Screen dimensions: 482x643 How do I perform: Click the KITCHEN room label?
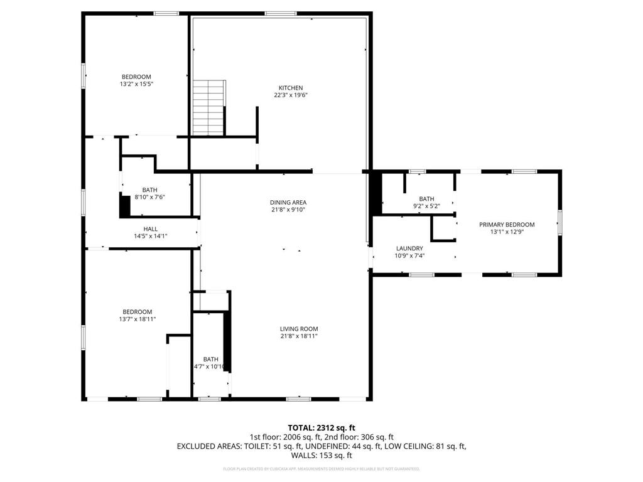(x=291, y=88)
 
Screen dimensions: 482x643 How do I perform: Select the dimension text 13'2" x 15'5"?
(x=136, y=84)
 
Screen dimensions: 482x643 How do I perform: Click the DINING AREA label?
(x=288, y=202)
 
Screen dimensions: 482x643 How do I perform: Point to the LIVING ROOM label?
(x=299, y=329)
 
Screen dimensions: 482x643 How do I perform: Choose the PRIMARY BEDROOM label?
(x=507, y=225)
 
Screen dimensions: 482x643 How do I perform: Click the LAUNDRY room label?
(x=409, y=249)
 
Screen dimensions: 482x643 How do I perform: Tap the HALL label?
(x=151, y=229)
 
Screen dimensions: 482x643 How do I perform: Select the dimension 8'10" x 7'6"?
(x=149, y=197)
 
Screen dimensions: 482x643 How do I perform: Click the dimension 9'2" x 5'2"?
(x=426, y=206)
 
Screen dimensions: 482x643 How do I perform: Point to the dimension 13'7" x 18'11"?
(x=137, y=319)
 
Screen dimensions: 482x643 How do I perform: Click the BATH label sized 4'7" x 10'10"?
(x=210, y=360)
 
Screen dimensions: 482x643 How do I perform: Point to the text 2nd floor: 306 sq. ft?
(x=359, y=437)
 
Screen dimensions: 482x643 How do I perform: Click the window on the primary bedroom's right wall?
(x=560, y=223)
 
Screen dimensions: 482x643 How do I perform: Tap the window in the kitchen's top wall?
(x=281, y=13)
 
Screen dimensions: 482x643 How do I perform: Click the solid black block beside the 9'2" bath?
(x=376, y=193)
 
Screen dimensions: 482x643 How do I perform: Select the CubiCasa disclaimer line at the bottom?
(x=321, y=469)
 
